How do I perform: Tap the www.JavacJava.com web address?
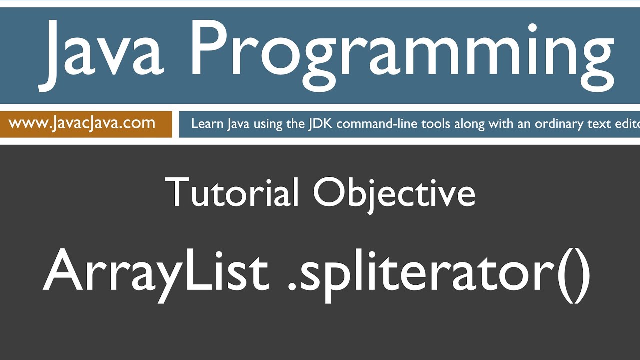tap(82, 123)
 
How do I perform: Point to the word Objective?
tap(394, 192)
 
